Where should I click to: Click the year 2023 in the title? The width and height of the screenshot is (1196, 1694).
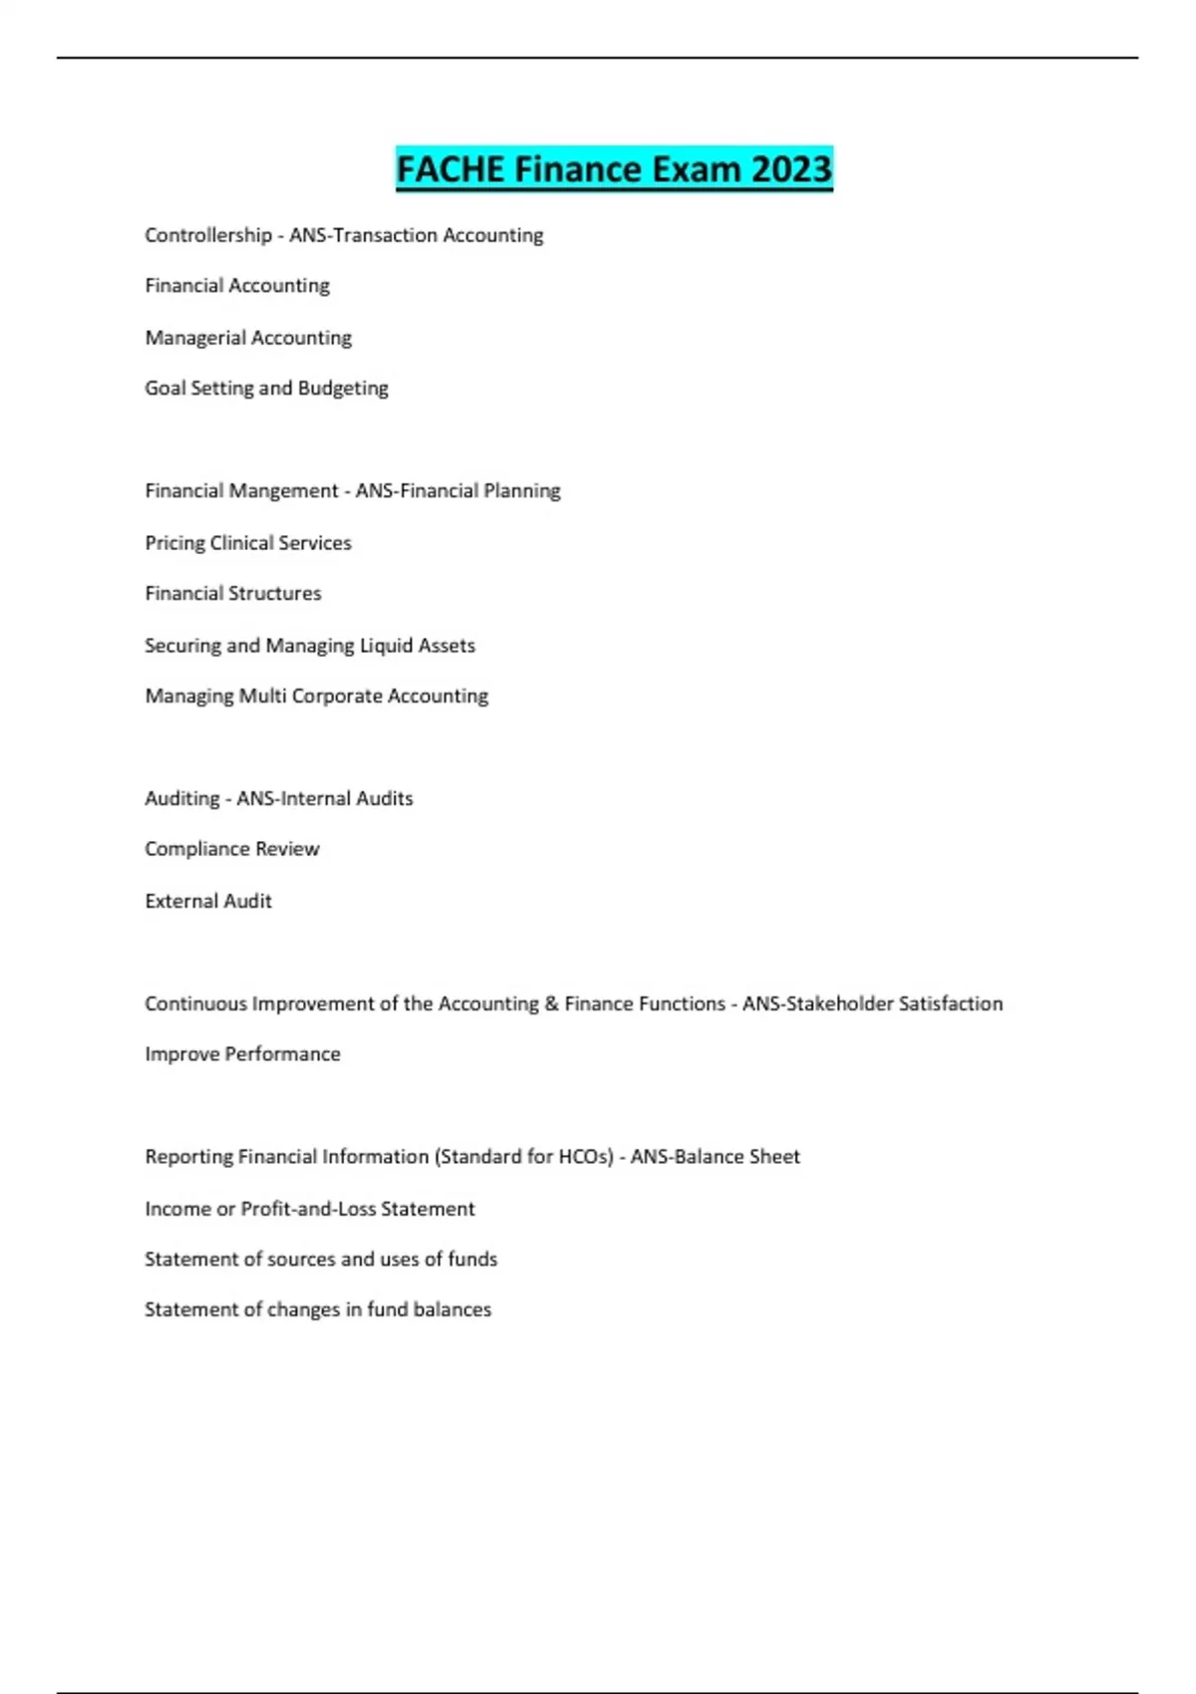click(x=791, y=169)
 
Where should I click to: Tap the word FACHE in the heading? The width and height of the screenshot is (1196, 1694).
click(x=450, y=169)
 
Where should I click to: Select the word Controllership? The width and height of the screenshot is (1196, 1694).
click(x=208, y=235)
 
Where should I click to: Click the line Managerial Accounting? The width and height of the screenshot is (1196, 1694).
click(x=248, y=338)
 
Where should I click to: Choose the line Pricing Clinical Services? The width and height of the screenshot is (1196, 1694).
click(x=248, y=543)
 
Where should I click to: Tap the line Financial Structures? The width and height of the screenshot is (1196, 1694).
click(x=233, y=594)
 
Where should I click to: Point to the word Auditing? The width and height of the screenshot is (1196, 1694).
click(x=181, y=799)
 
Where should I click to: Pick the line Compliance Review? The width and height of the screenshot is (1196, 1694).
click(x=232, y=849)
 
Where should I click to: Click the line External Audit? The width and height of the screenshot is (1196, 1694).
click(x=208, y=901)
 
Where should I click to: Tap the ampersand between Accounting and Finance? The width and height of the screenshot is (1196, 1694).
click(x=551, y=1003)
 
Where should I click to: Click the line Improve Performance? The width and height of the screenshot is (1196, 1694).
click(x=242, y=1054)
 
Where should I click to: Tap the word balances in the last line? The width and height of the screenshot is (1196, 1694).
click(x=452, y=1309)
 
